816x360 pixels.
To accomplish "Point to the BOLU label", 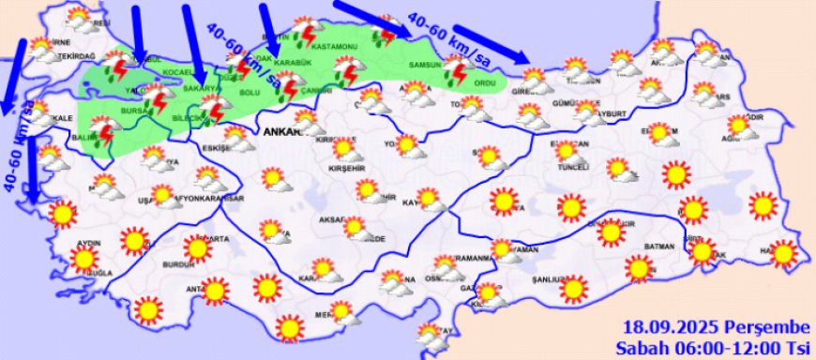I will [250, 92].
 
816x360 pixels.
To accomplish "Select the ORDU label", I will [485, 83].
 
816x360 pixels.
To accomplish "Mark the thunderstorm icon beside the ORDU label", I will [458, 72].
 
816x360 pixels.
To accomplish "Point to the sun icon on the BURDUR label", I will [198, 248].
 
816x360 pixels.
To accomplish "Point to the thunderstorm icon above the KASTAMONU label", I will [304, 36].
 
